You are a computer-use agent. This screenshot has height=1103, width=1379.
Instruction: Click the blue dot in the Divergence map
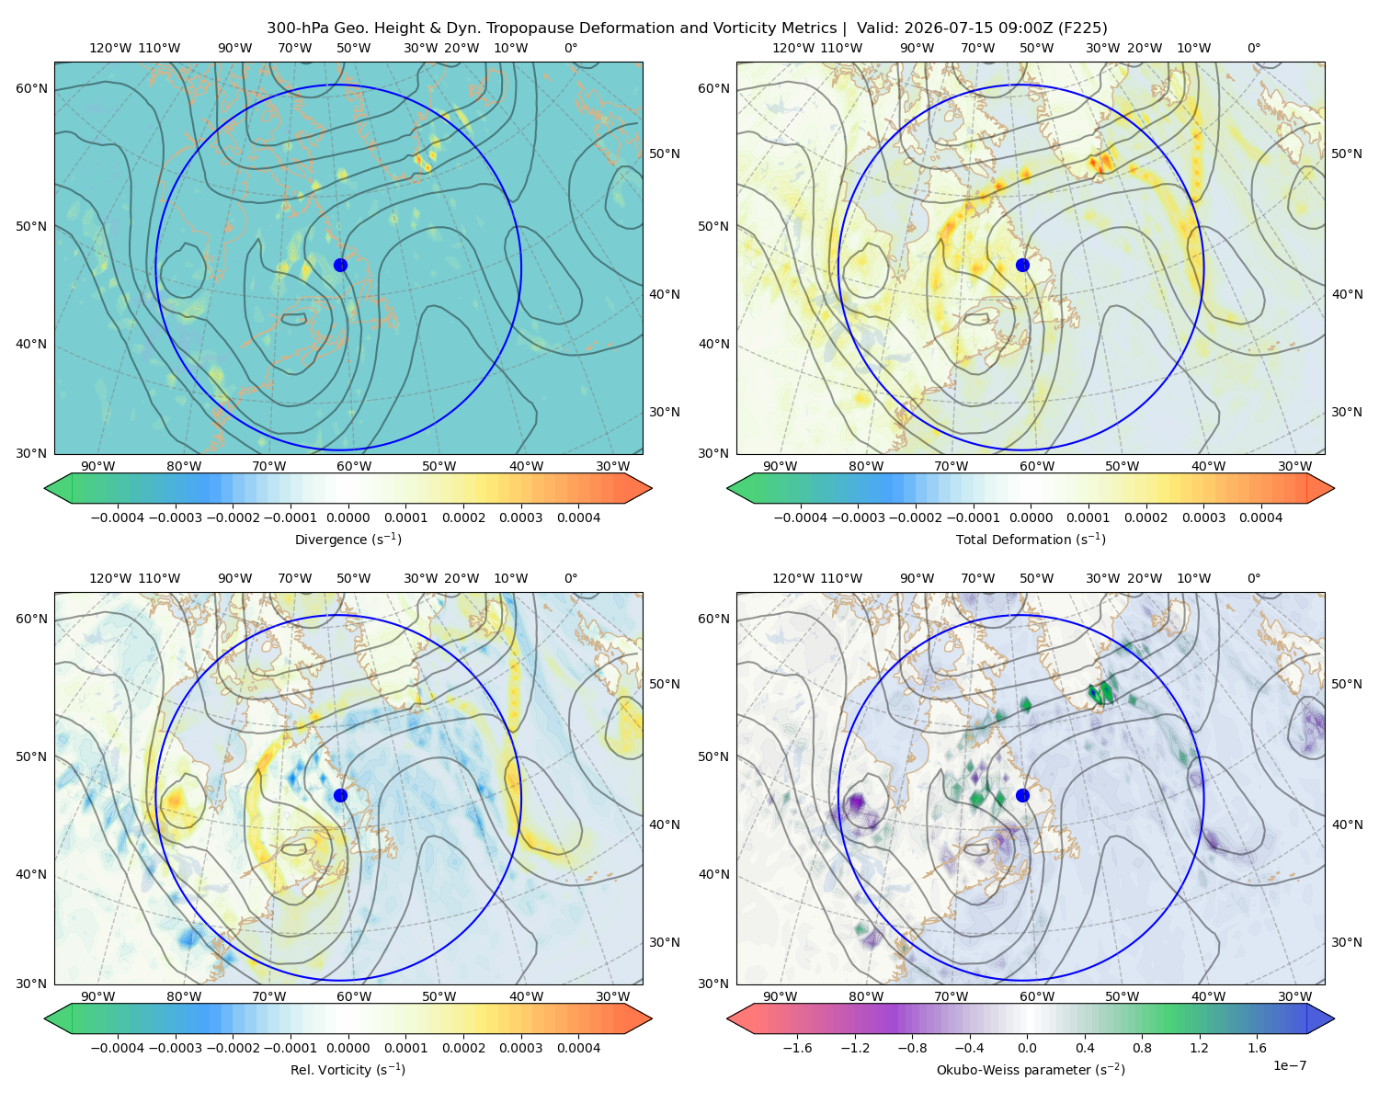coord(340,265)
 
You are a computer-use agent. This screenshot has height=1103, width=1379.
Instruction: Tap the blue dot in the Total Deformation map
coord(1022,265)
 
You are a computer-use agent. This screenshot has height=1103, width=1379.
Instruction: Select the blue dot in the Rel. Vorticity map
coord(340,795)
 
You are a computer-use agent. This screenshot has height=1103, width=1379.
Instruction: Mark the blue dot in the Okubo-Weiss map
coord(1022,795)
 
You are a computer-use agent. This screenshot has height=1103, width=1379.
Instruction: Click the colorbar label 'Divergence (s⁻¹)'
coord(348,539)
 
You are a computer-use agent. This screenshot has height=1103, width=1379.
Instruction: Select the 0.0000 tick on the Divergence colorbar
coord(348,517)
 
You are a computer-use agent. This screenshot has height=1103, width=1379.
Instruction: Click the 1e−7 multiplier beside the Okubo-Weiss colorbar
coord(1289,1065)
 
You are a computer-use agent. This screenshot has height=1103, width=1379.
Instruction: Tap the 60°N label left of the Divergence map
coord(31,88)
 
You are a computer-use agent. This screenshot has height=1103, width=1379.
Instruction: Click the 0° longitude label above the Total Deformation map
coord(1254,48)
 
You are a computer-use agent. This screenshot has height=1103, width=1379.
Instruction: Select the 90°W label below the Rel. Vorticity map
coord(98,996)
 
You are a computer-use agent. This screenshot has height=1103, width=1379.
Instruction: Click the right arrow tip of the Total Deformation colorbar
coord(1334,488)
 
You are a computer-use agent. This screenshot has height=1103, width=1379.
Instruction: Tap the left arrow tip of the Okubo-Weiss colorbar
coord(727,1018)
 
